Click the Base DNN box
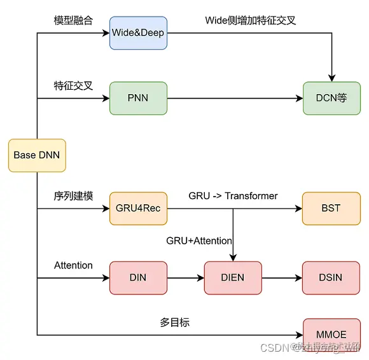37,155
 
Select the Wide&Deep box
138,33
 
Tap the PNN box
138,99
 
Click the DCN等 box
331,99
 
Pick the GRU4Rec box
138,208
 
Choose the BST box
331,208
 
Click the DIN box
138,278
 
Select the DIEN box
233,278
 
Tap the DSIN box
331,278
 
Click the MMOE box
331,334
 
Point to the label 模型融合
73,20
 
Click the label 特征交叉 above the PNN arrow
73,85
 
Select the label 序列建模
73,196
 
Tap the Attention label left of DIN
73,265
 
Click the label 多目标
174,322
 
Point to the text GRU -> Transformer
233,196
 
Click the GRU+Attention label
199,241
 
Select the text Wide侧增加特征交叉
250,20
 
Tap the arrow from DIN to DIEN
185,278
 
